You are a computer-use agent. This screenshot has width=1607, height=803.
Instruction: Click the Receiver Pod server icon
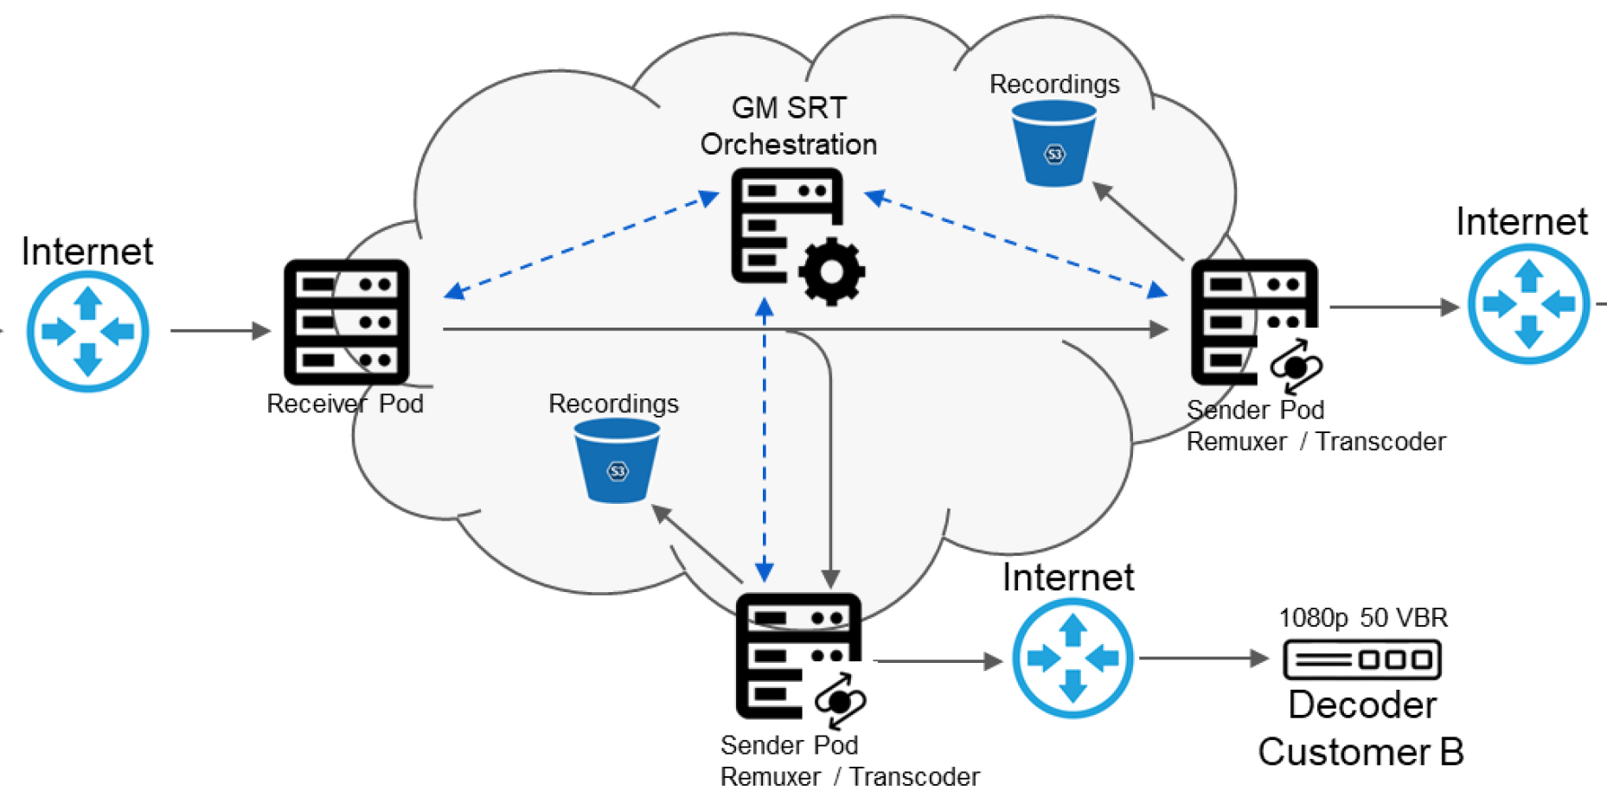[347, 322]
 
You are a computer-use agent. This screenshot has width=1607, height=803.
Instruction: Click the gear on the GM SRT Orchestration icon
[831, 271]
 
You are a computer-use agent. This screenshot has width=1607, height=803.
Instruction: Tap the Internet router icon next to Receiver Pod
[87, 331]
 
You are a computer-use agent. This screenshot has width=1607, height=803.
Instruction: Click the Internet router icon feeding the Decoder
[1072, 659]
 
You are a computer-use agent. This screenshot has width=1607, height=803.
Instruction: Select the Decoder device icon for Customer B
[1362, 660]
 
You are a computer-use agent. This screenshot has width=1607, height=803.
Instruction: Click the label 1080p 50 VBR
[1362, 618]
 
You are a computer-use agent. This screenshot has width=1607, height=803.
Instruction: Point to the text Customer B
[1361, 752]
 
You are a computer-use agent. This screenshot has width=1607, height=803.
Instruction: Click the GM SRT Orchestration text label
[789, 126]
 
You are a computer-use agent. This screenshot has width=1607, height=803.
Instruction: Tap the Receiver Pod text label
[345, 404]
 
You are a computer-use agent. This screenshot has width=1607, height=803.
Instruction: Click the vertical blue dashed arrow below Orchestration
[765, 441]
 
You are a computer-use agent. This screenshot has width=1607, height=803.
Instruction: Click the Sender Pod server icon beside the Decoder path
[798, 656]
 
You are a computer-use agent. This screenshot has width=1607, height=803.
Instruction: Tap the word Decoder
[1362, 705]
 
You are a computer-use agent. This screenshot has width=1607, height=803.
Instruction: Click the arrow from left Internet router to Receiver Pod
[221, 330]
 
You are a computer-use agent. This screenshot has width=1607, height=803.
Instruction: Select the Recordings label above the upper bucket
[1054, 84]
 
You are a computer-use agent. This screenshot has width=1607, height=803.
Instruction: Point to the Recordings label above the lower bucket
[613, 404]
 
